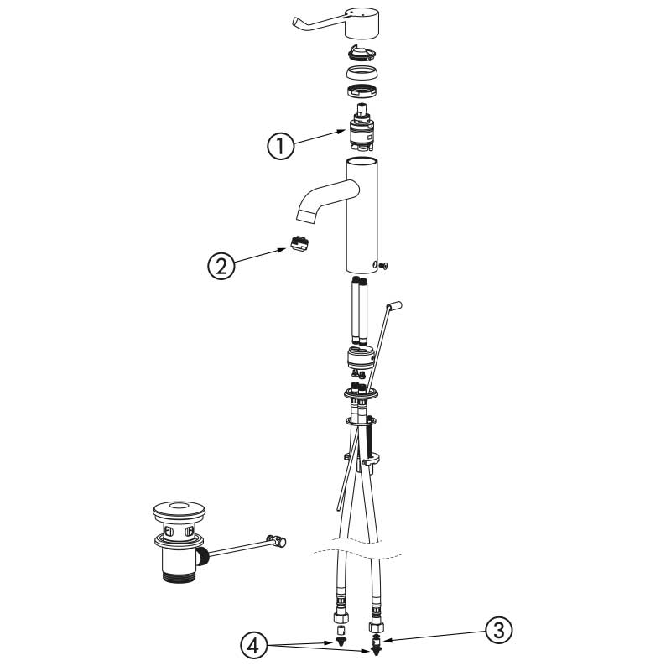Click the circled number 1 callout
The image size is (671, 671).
pyautogui.click(x=281, y=146)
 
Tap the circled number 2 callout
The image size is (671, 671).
pyautogui.click(x=221, y=266)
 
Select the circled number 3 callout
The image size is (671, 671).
pyautogui.click(x=499, y=630)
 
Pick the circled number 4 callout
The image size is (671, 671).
pyautogui.click(x=254, y=645)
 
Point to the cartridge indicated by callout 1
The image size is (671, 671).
pyautogui.click(x=362, y=127)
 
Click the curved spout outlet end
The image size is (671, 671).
pyautogui.click(x=307, y=216)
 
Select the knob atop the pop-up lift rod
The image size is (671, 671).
pyautogui.click(x=394, y=305)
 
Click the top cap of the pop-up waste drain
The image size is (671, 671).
pyautogui.click(x=179, y=509)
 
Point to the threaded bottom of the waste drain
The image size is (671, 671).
pyautogui.click(x=179, y=575)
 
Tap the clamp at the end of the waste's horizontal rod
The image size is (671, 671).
pyautogui.click(x=277, y=541)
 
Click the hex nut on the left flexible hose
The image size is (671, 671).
pyautogui.click(x=341, y=617)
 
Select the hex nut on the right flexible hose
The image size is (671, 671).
pyautogui.click(x=376, y=627)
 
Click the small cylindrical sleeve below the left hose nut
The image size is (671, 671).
pyautogui.click(x=341, y=630)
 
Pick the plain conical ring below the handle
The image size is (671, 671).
pyautogui.click(x=362, y=73)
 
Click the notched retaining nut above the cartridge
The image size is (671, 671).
pyautogui.click(x=362, y=91)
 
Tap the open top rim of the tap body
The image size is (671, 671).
pyautogui.click(x=362, y=161)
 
